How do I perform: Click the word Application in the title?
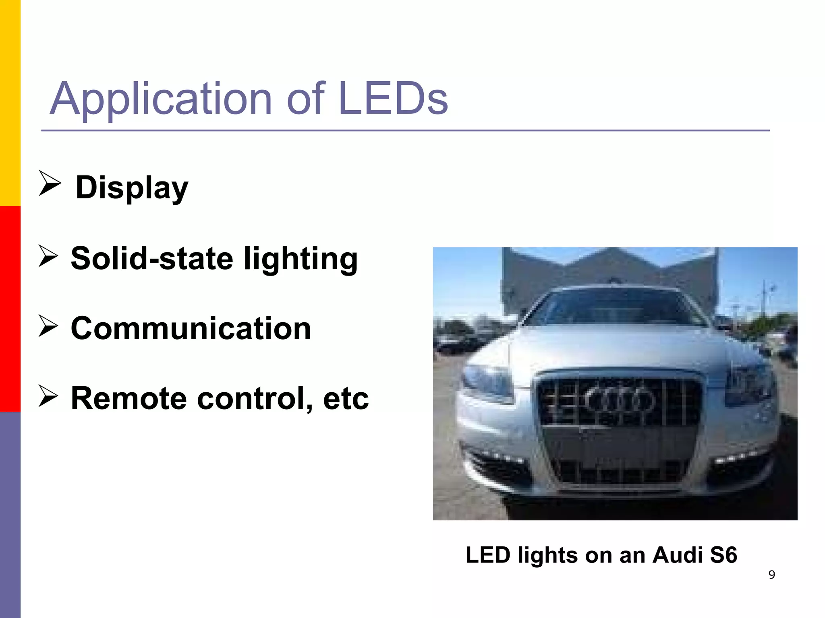click(x=161, y=99)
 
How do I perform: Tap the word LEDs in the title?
click(x=393, y=98)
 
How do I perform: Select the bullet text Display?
click(x=132, y=187)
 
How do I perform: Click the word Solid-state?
click(x=152, y=258)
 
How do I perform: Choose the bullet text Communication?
click(x=191, y=328)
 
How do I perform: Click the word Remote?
click(x=129, y=398)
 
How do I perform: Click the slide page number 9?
click(x=771, y=575)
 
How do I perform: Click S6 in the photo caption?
click(x=723, y=555)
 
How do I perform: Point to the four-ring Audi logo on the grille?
click(x=619, y=401)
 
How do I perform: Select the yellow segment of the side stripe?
click(x=10, y=103)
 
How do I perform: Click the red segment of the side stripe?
click(x=10, y=309)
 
